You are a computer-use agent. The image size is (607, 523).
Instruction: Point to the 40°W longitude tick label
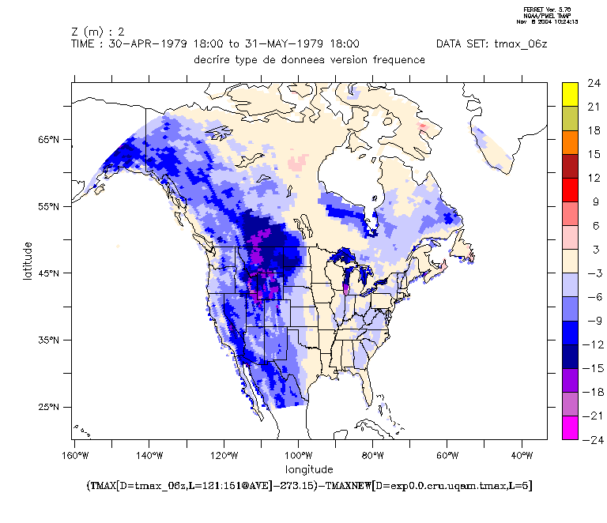522,456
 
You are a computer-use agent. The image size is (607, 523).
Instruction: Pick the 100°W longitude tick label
298,456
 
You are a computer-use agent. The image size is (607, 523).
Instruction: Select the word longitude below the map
309,470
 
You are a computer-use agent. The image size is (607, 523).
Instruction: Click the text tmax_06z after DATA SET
519,44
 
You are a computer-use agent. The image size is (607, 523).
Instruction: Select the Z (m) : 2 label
98,32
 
